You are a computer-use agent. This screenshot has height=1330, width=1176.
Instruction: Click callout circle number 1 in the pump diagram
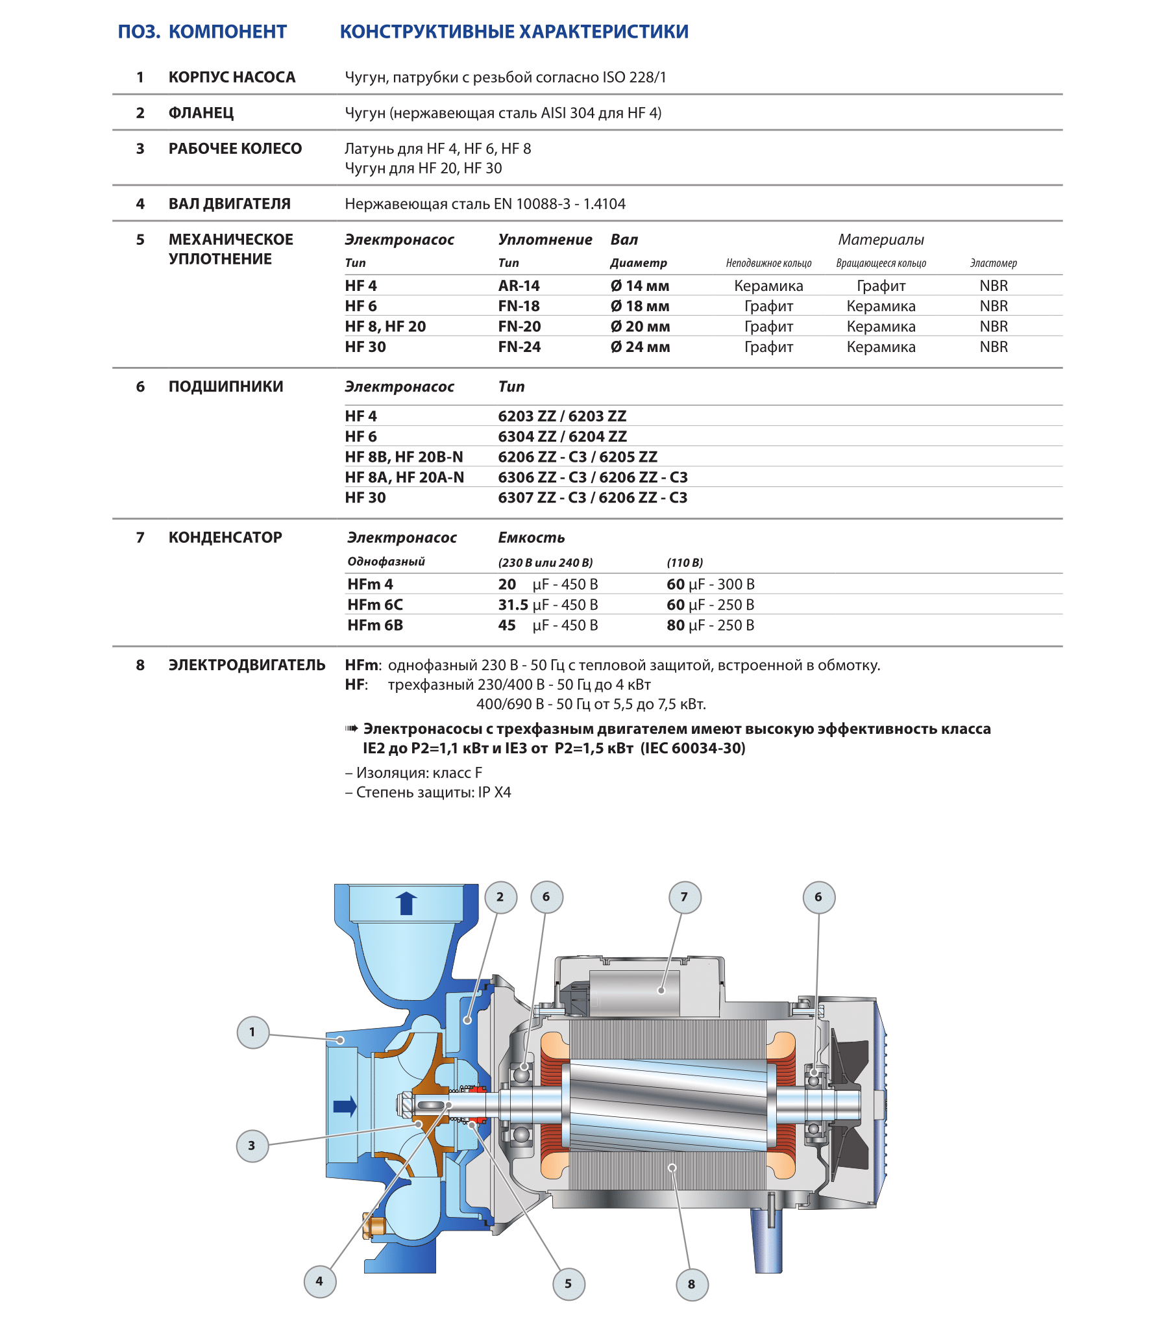pyautogui.click(x=253, y=1032)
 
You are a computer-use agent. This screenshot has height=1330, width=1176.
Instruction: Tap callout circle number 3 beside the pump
pyautogui.click(x=252, y=1146)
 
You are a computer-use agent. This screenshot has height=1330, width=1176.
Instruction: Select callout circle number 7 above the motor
pyautogui.click(x=684, y=897)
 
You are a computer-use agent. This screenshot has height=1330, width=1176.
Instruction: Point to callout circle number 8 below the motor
pyautogui.click(x=691, y=1285)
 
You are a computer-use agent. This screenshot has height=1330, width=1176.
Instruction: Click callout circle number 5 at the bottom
pyautogui.click(x=569, y=1284)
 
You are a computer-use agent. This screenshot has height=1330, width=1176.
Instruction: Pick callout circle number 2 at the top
pyautogui.click(x=500, y=897)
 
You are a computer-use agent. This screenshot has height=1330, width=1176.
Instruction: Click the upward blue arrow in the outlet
pyautogui.click(x=406, y=903)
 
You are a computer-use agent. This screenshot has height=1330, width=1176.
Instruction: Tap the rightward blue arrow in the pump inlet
pyautogui.click(x=345, y=1106)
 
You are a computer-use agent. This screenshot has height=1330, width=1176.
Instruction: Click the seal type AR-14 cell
pyautogui.click(x=519, y=286)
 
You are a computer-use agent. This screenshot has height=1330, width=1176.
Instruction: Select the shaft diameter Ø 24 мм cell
pyautogui.click(x=640, y=347)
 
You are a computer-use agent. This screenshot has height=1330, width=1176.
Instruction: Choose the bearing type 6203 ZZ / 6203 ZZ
pyautogui.click(x=562, y=416)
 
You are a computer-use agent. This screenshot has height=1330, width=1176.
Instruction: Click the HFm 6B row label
pyautogui.click(x=375, y=625)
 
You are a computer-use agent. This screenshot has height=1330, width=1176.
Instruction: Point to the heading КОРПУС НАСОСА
pyautogui.click(x=232, y=77)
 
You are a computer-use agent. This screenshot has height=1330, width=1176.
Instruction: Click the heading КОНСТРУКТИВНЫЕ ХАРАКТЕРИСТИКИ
pyautogui.click(x=514, y=32)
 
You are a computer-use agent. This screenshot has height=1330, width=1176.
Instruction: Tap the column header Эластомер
pyautogui.click(x=993, y=263)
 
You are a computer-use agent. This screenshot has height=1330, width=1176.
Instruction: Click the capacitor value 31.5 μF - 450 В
pyautogui.click(x=548, y=605)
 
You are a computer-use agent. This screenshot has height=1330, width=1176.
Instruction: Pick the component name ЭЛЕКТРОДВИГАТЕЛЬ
pyautogui.click(x=247, y=665)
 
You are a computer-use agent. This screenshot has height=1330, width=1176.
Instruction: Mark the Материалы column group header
pyautogui.click(x=881, y=240)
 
